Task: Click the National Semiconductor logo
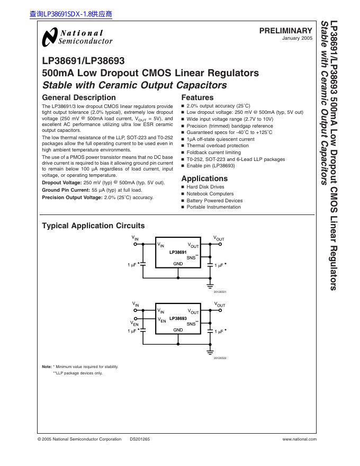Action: pos(77,37)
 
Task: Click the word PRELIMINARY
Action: pos(285,31)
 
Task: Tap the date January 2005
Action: pos(298,39)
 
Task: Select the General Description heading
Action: pos(78,97)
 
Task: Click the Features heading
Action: pos(197,97)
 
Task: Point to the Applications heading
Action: pos(204,178)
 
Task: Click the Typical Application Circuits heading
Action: pos(93,226)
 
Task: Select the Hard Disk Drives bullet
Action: pos(205,187)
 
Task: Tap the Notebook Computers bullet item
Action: pos(210,194)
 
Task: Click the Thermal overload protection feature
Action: pos(218,146)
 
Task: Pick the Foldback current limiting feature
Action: pos(213,153)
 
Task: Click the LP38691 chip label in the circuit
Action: pos(178,253)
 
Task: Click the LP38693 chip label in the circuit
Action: pos(178,318)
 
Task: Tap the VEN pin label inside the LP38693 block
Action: pos(161,320)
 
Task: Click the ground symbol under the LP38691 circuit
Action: pos(210,285)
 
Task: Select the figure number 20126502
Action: pos(220,357)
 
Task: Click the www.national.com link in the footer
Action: pos(300,439)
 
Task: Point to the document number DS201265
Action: pos(140,439)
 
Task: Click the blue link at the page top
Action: pos(71,14)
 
